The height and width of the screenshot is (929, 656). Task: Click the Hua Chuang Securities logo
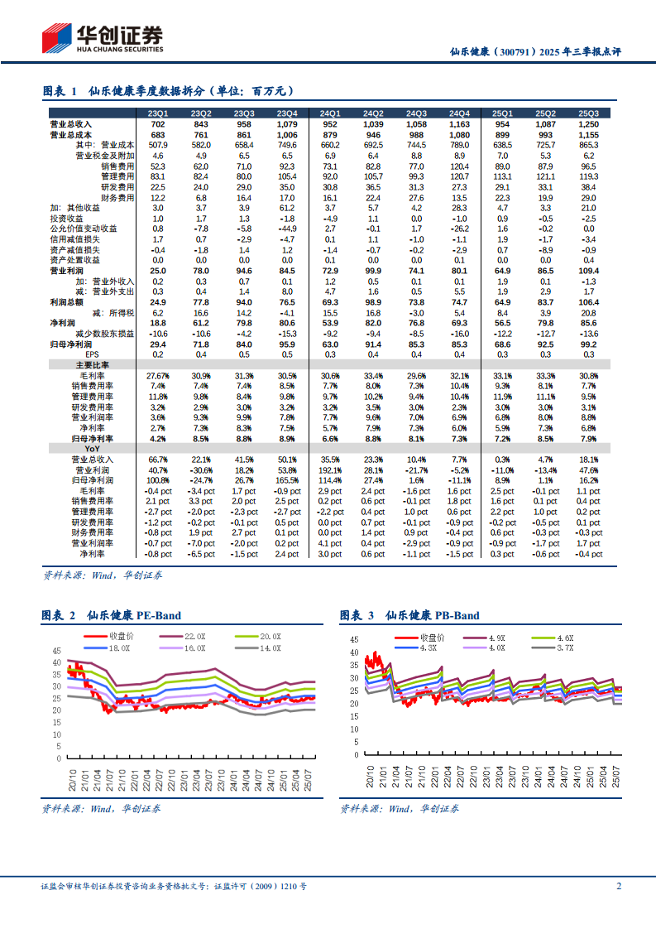(102, 37)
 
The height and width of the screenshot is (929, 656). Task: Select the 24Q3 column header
(416, 113)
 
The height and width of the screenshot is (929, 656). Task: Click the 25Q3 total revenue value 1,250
(588, 124)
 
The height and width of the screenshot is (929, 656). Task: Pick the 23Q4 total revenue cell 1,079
(287, 124)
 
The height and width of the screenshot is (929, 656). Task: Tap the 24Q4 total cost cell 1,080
(459, 134)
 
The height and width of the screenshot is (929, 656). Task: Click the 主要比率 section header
(93, 363)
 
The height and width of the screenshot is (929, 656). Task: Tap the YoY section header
(93, 448)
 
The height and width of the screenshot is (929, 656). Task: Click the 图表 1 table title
(168, 91)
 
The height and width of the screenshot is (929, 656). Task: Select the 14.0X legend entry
(271, 647)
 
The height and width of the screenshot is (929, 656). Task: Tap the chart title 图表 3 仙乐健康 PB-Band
(409, 615)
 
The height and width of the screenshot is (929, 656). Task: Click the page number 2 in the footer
(618, 886)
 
